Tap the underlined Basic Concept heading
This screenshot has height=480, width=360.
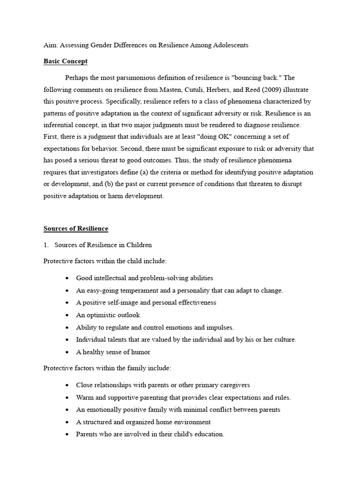click(66, 61)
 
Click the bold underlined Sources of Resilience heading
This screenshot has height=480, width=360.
click(76, 229)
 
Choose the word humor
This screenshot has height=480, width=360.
click(141, 352)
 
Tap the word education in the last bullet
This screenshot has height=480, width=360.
click(208, 434)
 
